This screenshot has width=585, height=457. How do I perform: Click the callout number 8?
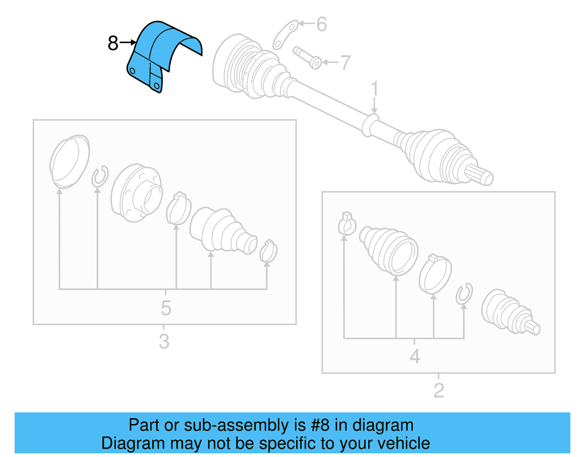(113, 43)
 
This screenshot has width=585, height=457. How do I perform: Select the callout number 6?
(321, 25)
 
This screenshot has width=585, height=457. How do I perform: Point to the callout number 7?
(345, 63)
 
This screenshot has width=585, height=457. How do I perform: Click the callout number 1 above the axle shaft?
(374, 89)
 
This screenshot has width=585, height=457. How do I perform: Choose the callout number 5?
(166, 308)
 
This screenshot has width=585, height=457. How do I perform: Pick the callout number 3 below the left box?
(164, 341)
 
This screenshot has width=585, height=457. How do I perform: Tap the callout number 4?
(415, 356)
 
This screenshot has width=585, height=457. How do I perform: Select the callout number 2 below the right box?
(438, 390)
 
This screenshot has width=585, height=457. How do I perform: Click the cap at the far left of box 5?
(69, 161)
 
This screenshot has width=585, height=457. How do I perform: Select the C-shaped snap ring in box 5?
(99, 176)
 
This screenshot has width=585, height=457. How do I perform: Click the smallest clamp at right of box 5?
(268, 251)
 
